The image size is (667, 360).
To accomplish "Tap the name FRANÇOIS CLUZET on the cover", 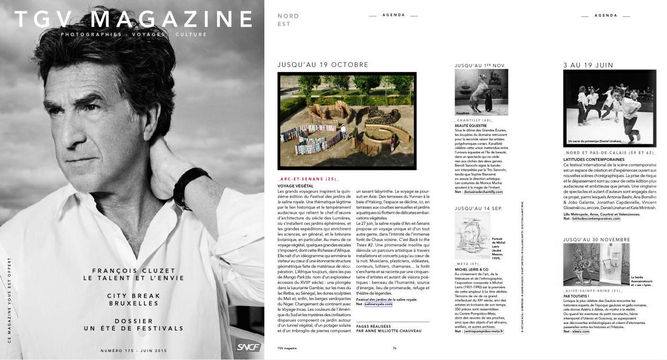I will click(x=134, y=270).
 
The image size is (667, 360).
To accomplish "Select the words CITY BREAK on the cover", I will click(x=134, y=296).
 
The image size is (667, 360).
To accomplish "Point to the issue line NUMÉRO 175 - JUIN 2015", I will click(x=134, y=351).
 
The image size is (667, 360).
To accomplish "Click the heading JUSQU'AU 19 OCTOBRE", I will click(x=323, y=65).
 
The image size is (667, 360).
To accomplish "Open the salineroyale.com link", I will click(x=378, y=304).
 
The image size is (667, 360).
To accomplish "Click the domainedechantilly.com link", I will click(x=483, y=192).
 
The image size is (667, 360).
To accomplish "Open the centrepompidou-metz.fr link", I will click(x=483, y=331).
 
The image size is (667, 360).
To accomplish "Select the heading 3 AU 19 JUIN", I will click(x=588, y=65).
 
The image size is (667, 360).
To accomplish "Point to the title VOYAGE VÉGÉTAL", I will click(x=295, y=186).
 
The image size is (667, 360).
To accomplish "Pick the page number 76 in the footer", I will click(x=395, y=348).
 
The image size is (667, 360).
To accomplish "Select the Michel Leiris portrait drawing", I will click(x=472, y=236).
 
